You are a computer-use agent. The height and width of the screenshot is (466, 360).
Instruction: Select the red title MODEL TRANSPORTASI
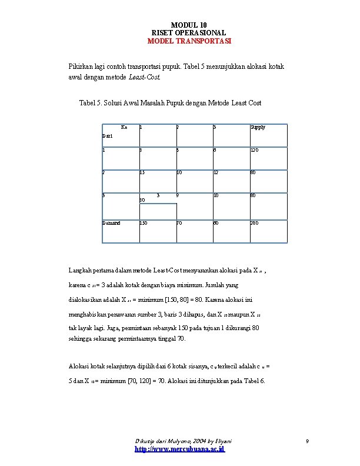pos(189,42)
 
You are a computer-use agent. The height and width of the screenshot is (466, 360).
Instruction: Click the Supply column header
pos(258,127)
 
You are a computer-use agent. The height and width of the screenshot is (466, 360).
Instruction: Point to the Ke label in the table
pos(124,127)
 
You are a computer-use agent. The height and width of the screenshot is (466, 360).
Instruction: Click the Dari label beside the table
pos(107,136)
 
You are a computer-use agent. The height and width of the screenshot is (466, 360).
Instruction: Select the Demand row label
pos(111,224)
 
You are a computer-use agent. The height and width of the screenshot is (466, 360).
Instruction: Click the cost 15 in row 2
pos(142,173)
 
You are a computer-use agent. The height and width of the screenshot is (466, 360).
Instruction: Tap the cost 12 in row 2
pos(216,173)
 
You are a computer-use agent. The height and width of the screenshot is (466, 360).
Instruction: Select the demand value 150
pos(143,224)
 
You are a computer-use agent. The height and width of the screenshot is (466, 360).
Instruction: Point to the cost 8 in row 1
pos(141,150)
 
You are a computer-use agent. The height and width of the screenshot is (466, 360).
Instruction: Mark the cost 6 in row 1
pos(215,150)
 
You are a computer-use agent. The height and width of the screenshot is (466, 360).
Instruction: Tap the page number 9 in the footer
pos(307,440)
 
